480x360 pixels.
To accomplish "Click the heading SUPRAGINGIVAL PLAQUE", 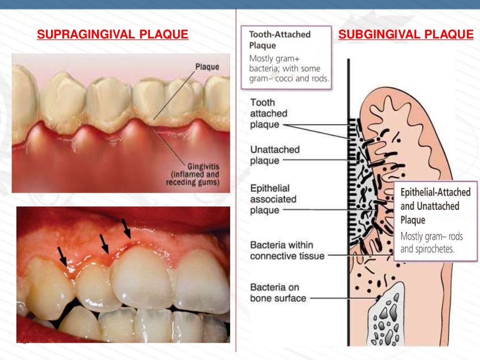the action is [x=112, y=34].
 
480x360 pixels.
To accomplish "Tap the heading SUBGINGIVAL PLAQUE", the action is [x=406, y=34].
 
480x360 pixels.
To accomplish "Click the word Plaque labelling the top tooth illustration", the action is [x=207, y=67].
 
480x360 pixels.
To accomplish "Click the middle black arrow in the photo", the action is [x=105, y=244].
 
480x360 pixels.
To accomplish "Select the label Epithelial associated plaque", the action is [x=273, y=199].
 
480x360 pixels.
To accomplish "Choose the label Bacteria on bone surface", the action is [x=278, y=292].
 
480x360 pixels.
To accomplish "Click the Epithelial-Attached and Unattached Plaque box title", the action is [x=435, y=206].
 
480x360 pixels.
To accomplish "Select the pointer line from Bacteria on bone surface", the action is [x=342, y=298].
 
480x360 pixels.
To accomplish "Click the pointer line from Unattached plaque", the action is [x=319, y=160].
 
